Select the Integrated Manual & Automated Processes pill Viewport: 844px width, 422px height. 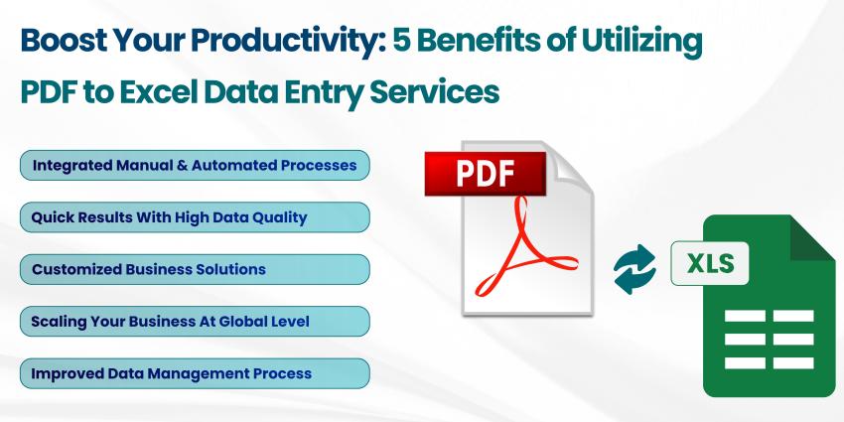click(195, 165)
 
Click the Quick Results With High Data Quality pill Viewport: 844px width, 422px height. click(195, 216)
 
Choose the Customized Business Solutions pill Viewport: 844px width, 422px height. click(195, 269)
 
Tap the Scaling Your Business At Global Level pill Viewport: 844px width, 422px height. click(195, 321)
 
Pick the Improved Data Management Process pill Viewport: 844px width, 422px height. click(195, 373)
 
